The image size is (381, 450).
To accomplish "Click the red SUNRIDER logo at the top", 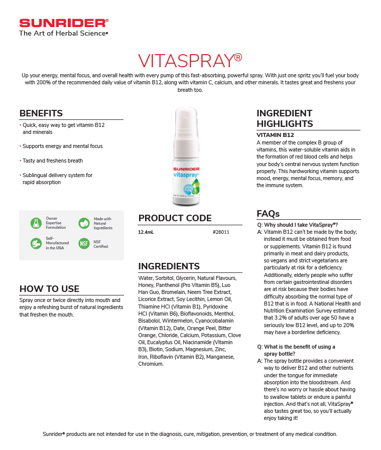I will coord(63,23).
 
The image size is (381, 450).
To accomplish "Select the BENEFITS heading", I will coord(41,113).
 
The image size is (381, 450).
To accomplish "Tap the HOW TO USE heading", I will coord(49,288).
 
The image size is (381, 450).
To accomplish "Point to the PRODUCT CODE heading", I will coord(175,218).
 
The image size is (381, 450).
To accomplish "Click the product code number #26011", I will coord(221,232).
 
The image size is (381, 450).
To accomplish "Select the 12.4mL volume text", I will coord(146,232).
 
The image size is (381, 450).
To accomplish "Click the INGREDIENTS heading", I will coord(169,266).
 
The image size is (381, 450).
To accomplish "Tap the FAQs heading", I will coord(268,214).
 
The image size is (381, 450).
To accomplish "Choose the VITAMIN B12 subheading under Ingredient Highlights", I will coord(275,135).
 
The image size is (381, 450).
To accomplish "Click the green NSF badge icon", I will coord(84,244).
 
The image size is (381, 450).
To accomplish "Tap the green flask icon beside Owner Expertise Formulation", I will coord(36,223).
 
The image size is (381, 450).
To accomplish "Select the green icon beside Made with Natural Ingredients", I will coord(84,223).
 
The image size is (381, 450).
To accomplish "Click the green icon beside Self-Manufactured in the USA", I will coord(36,244).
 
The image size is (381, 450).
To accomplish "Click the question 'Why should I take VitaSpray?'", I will coord(301,225).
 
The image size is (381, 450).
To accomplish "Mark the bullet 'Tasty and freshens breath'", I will coord(53,161).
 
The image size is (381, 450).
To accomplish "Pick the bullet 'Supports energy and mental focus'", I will coord(62,146).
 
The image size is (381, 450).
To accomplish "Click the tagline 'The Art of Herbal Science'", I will coord(63,34).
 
